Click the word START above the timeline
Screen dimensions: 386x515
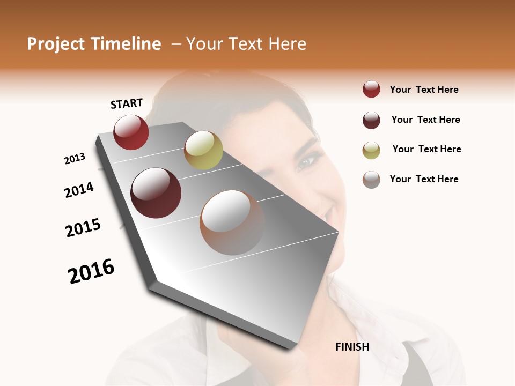[x=127, y=103]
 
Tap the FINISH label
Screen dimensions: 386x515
[x=352, y=347]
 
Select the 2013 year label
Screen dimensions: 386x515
[x=75, y=159]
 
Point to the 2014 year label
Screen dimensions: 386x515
[x=79, y=190]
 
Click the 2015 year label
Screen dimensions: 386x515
[x=83, y=228]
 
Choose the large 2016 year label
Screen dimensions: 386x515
[x=91, y=271]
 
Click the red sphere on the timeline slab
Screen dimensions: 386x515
[x=131, y=132]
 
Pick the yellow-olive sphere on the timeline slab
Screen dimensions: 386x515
[x=203, y=150]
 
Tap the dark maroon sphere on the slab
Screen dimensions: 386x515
[x=156, y=193]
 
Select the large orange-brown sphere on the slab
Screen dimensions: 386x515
[x=232, y=222]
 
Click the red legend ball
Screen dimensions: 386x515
[x=371, y=90]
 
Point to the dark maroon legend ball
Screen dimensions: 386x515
[x=371, y=120]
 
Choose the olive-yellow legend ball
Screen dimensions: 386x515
[x=371, y=150]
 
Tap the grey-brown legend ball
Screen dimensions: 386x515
[x=371, y=180]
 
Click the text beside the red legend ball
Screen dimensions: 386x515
[x=424, y=90]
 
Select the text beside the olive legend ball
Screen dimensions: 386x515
[x=426, y=149]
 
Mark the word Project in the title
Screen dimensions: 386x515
[x=57, y=44]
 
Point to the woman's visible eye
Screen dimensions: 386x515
[x=307, y=161]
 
